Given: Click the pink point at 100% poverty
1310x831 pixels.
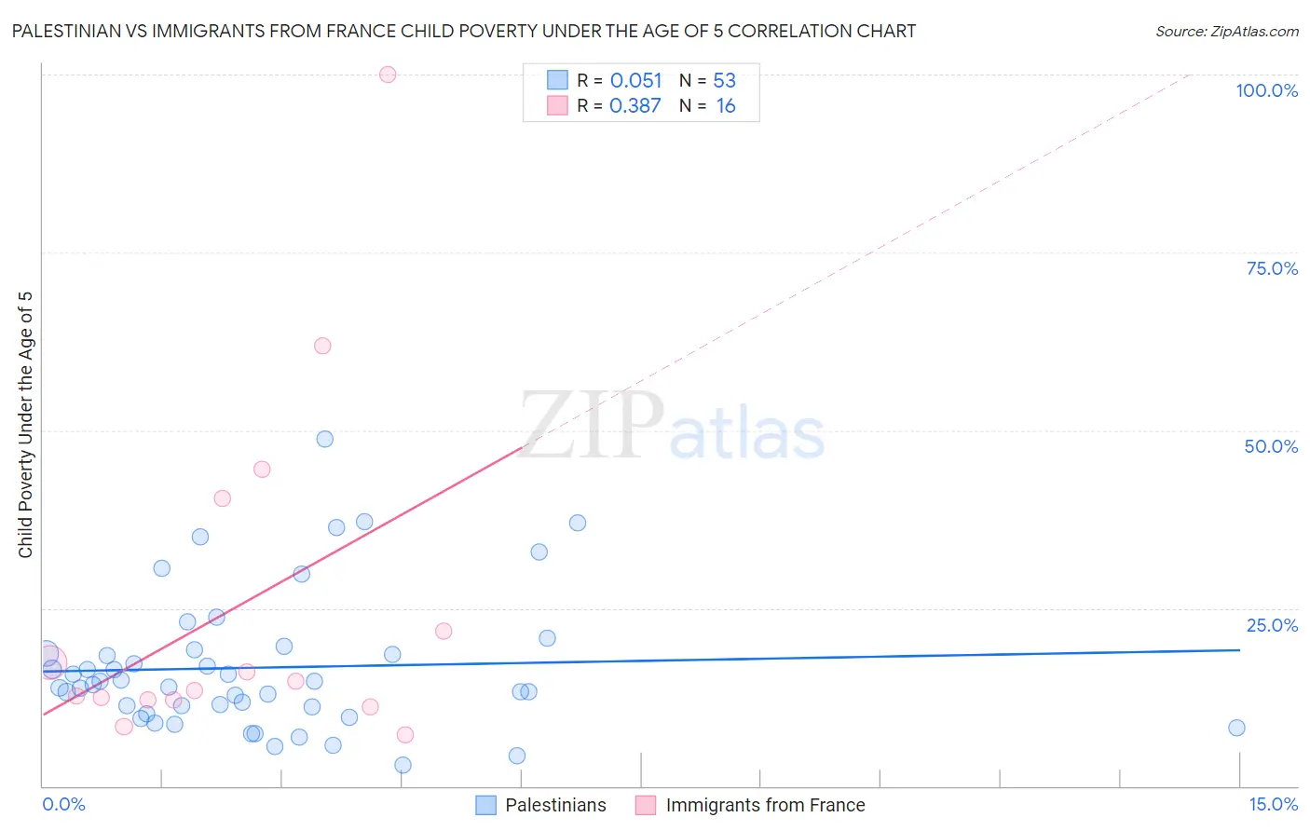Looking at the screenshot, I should pyautogui.click(x=388, y=75).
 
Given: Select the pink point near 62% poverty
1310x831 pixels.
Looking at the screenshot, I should pyautogui.click(x=322, y=346).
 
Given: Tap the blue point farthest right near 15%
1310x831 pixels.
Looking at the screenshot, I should pyautogui.click(x=1236, y=728).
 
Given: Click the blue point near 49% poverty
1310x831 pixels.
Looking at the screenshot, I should pyautogui.click(x=325, y=439).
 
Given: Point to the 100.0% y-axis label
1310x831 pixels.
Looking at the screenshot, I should pyautogui.click(x=1266, y=90).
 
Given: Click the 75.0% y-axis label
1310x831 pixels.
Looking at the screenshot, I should pyautogui.click(x=1272, y=268).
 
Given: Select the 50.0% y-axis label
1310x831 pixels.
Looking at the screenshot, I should pyautogui.click(x=1271, y=446).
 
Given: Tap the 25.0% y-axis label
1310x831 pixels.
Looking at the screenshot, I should pyautogui.click(x=1272, y=624).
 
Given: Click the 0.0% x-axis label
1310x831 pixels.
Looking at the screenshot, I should pyautogui.click(x=63, y=804).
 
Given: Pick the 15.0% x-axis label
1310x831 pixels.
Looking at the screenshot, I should pyautogui.click(x=1273, y=804).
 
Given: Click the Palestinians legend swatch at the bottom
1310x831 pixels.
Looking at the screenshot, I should pyautogui.click(x=485, y=805).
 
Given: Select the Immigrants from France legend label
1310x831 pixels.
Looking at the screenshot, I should pyautogui.click(x=765, y=805).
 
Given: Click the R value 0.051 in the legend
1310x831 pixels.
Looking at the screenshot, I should pyautogui.click(x=635, y=81).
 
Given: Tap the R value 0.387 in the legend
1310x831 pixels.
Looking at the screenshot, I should pyautogui.click(x=635, y=106).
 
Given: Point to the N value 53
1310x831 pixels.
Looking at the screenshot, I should pyautogui.click(x=724, y=81).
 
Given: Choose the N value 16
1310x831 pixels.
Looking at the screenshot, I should pyautogui.click(x=725, y=106).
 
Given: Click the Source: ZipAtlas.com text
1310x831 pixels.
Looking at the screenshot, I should pyautogui.click(x=1226, y=32).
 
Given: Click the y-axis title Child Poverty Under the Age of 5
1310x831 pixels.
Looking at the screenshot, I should pyautogui.click(x=26, y=425).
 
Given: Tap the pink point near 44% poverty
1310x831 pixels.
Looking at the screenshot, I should pyautogui.click(x=262, y=470).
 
